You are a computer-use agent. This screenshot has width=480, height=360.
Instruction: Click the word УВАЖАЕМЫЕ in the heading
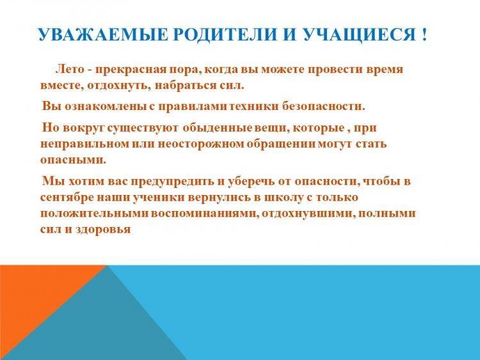[x=103, y=35]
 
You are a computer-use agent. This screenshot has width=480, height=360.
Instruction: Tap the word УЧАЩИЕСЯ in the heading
[x=359, y=35]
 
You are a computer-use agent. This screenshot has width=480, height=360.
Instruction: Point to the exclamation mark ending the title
[x=424, y=35]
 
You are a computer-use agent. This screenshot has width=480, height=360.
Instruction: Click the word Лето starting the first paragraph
[x=70, y=69]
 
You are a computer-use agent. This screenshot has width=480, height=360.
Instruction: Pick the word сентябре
[x=67, y=198]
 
